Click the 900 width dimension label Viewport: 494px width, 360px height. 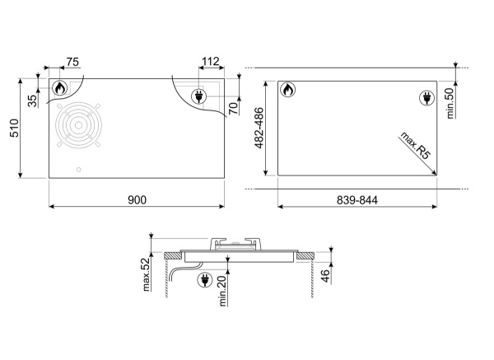pyautogui.click(x=137, y=200)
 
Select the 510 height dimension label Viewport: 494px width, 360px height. pyautogui.click(x=15, y=128)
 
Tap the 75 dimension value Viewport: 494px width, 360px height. pyautogui.click(x=72, y=62)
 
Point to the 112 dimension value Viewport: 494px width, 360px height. pyautogui.click(x=210, y=62)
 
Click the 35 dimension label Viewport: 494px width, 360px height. pyautogui.click(x=32, y=101)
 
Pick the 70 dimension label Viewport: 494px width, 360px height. pyautogui.click(x=233, y=108)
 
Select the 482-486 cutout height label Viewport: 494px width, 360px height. pyautogui.click(x=259, y=128)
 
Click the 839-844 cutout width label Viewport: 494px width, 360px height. pyautogui.click(x=357, y=200)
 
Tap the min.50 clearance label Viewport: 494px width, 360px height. pyautogui.click(x=450, y=103)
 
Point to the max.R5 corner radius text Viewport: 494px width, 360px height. pyautogui.click(x=415, y=146)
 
